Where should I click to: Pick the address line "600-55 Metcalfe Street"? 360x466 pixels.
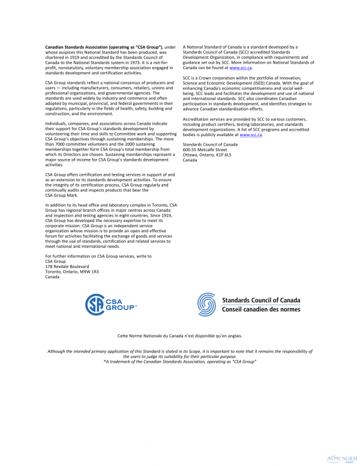click(205, 150)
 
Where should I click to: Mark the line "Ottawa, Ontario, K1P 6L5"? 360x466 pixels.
click(207, 155)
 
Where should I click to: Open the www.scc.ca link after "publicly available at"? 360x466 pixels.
click(251, 136)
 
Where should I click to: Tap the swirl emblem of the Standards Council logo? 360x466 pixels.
click(207, 305)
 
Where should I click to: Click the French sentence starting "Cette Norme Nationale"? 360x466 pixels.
click(180, 336)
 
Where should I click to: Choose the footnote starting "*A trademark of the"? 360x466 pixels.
click(180, 362)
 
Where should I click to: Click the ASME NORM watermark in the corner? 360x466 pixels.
click(341, 458)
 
